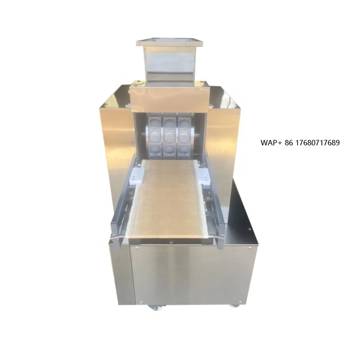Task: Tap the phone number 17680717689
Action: (317, 143)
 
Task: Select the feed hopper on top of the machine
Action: (169, 59)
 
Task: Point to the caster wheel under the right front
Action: (234, 306)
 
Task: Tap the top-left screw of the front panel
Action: (134, 247)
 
